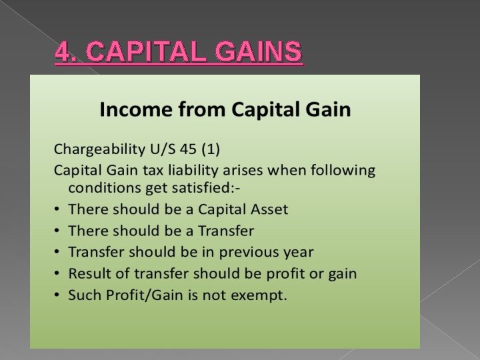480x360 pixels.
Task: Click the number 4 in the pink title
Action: pyautogui.click(x=61, y=51)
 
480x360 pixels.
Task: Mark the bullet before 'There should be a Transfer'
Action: pyautogui.click(x=57, y=231)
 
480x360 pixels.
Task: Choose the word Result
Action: pyautogui.click(x=87, y=273)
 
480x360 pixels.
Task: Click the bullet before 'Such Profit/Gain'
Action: pyautogui.click(x=57, y=295)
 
